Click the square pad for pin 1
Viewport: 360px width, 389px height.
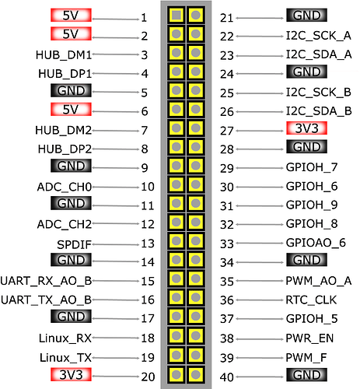point(177,16)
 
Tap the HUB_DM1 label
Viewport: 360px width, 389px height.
point(64,55)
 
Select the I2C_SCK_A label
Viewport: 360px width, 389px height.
point(319,36)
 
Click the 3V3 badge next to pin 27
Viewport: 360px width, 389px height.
point(306,128)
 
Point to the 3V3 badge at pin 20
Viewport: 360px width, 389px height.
point(71,375)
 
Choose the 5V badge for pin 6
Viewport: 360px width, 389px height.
point(71,109)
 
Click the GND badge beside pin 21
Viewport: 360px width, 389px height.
point(306,16)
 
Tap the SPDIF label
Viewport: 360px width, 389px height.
point(74,244)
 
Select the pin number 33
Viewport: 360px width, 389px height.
point(227,244)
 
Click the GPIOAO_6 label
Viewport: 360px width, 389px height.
point(316,243)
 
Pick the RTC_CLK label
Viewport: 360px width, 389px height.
point(311,300)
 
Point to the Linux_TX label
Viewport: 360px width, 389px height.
point(65,358)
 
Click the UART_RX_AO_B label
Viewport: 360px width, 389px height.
point(46,281)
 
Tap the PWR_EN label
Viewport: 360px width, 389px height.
point(309,338)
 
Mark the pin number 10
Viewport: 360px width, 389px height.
point(148,187)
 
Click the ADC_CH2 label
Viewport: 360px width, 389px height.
point(65,224)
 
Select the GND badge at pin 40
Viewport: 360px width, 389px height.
point(306,375)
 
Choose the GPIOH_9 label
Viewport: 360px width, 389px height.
point(312,205)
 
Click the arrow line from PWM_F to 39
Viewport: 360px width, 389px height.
point(260,358)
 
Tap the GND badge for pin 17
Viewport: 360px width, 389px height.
point(71,317)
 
